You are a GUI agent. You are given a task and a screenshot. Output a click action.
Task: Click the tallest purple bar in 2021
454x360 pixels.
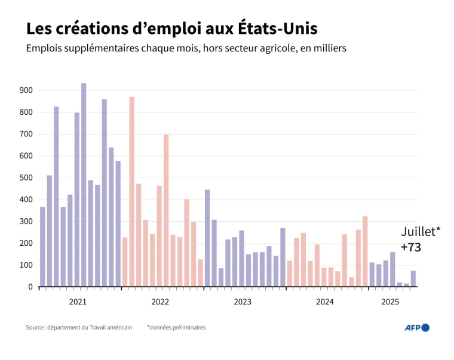pyautogui.click(x=84, y=185)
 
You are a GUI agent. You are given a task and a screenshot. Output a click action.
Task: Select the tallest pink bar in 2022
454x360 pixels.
pyautogui.click(x=131, y=191)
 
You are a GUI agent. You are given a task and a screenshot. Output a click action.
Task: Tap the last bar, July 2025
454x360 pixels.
pyautogui.click(x=413, y=279)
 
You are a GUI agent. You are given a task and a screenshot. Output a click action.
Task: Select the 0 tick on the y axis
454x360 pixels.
pyautogui.click(x=30, y=287)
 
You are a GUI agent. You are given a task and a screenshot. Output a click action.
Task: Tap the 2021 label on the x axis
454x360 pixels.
pyautogui.click(x=78, y=302)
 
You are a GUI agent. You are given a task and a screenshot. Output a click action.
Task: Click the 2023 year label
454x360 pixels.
pyautogui.click(x=243, y=302)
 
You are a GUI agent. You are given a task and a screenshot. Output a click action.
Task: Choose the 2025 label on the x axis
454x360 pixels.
pyautogui.click(x=390, y=302)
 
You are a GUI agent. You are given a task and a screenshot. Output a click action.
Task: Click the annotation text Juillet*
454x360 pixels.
pyautogui.click(x=421, y=231)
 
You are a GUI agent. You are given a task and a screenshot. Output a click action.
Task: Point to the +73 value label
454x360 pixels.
pyautogui.click(x=411, y=246)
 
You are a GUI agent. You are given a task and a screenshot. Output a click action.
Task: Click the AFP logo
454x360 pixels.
pyautogui.click(x=417, y=327)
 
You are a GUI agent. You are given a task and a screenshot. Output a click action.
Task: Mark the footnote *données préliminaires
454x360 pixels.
pyautogui.click(x=176, y=327)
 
